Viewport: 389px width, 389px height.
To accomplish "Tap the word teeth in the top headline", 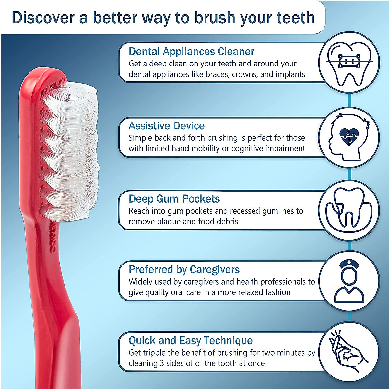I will [295, 18].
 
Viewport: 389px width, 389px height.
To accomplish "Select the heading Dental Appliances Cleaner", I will [191, 52].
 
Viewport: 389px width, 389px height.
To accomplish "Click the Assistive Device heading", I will [167, 126].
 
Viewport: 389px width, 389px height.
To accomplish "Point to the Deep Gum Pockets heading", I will [174, 199].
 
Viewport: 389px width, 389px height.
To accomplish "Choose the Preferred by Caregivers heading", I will [184, 270].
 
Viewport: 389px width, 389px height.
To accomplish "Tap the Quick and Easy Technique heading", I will [191, 341].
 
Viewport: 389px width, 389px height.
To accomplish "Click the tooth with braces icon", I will [349, 63].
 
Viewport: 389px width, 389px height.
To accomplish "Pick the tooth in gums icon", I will [348, 209].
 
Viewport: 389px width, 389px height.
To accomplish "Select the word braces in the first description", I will [218, 74].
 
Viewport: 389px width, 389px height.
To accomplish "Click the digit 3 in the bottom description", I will [162, 363].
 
